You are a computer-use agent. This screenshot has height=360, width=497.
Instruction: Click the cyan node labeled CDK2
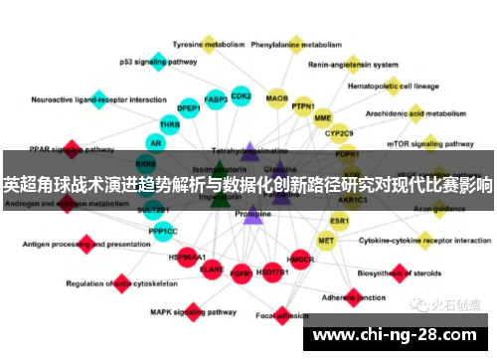point(241,95)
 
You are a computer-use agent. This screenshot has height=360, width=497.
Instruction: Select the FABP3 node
point(216,99)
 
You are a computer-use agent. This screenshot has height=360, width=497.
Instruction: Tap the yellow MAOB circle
point(277,99)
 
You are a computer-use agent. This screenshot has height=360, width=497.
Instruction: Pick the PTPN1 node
point(303,105)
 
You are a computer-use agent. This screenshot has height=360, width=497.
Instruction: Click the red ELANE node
point(212,269)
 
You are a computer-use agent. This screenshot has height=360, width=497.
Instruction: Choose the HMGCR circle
point(301,261)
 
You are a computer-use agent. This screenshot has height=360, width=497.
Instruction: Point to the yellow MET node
point(326,240)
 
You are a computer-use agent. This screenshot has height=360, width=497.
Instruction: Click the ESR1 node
point(340,220)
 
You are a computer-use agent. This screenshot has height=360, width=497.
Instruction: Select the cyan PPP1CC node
point(163,232)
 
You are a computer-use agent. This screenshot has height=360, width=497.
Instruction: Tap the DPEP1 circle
point(189,106)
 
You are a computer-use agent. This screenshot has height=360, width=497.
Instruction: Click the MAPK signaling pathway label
point(187,311)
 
